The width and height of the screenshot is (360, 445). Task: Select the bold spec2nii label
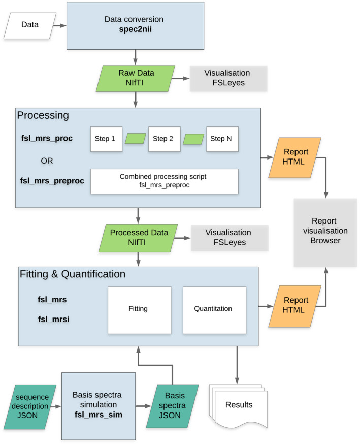pyautogui.click(x=136, y=29)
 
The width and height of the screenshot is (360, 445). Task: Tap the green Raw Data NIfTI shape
pyautogui.click(x=136, y=79)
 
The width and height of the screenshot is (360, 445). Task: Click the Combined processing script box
pyautogui.click(x=164, y=181)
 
